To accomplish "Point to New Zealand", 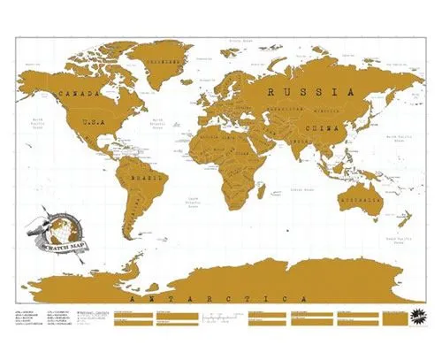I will [x=408, y=228].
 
